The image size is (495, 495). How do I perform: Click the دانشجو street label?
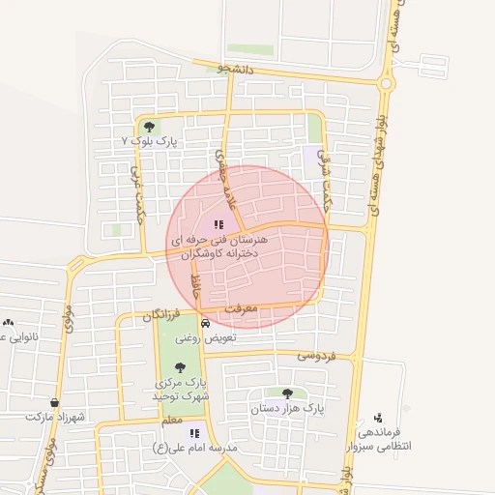click(237, 70)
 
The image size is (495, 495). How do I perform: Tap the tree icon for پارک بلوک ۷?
click(148, 126)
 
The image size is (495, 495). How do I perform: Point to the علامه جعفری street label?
click(225, 174)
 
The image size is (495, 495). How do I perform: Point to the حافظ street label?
click(196, 286)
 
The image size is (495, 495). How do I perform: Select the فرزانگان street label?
click(161, 315)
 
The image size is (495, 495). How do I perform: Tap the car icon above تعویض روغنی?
click(205, 323)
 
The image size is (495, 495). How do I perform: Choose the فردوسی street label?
click(315, 357)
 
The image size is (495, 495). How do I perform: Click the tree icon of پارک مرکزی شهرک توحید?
click(180, 367)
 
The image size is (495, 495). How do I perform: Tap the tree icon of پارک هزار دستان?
click(287, 393)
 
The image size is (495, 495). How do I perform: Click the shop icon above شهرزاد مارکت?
click(55, 402)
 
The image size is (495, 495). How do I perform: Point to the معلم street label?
click(171, 421)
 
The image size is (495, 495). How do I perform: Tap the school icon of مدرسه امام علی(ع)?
click(194, 434)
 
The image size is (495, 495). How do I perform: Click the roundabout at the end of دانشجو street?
click(387, 83)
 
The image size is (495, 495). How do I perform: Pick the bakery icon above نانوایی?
click(9, 323)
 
